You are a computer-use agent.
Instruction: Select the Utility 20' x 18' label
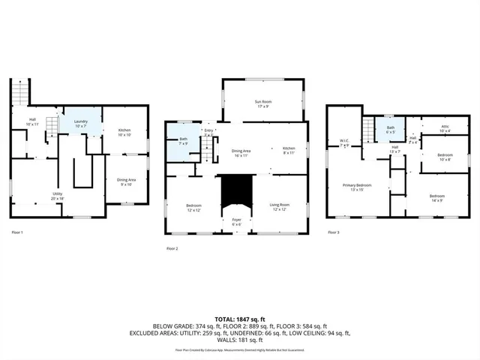click(x=57, y=196)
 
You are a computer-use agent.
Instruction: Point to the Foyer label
click(x=236, y=222)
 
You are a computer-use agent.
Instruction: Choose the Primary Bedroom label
click(x=357, y=187)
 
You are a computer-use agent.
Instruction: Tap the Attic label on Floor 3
click(x=444, y=129)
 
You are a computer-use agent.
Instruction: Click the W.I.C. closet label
click(x=344, y=143)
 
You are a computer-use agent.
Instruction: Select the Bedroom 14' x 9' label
click(x=436, y=199)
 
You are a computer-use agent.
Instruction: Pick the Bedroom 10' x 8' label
click(x=445, y=157)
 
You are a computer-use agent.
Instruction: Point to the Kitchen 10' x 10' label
click(x=124, y=133)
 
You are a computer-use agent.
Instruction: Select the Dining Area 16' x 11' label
click(x=241, y=152)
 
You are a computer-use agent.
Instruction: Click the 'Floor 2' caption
click(x=172, y=248)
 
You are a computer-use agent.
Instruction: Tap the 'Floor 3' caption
click(x=333, y=232)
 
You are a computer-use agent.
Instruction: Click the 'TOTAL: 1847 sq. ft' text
click(x=238, y=319)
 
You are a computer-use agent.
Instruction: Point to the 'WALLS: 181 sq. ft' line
click(x=238, y=343)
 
